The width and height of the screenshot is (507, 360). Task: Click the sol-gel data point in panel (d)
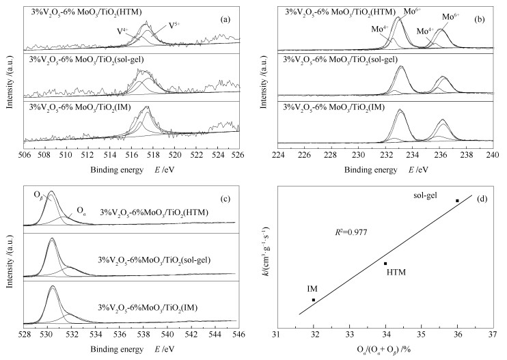coord(457,200)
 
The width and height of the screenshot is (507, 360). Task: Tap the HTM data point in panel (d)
coord(385,264)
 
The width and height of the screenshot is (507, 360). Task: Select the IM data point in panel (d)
coord(314,300)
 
